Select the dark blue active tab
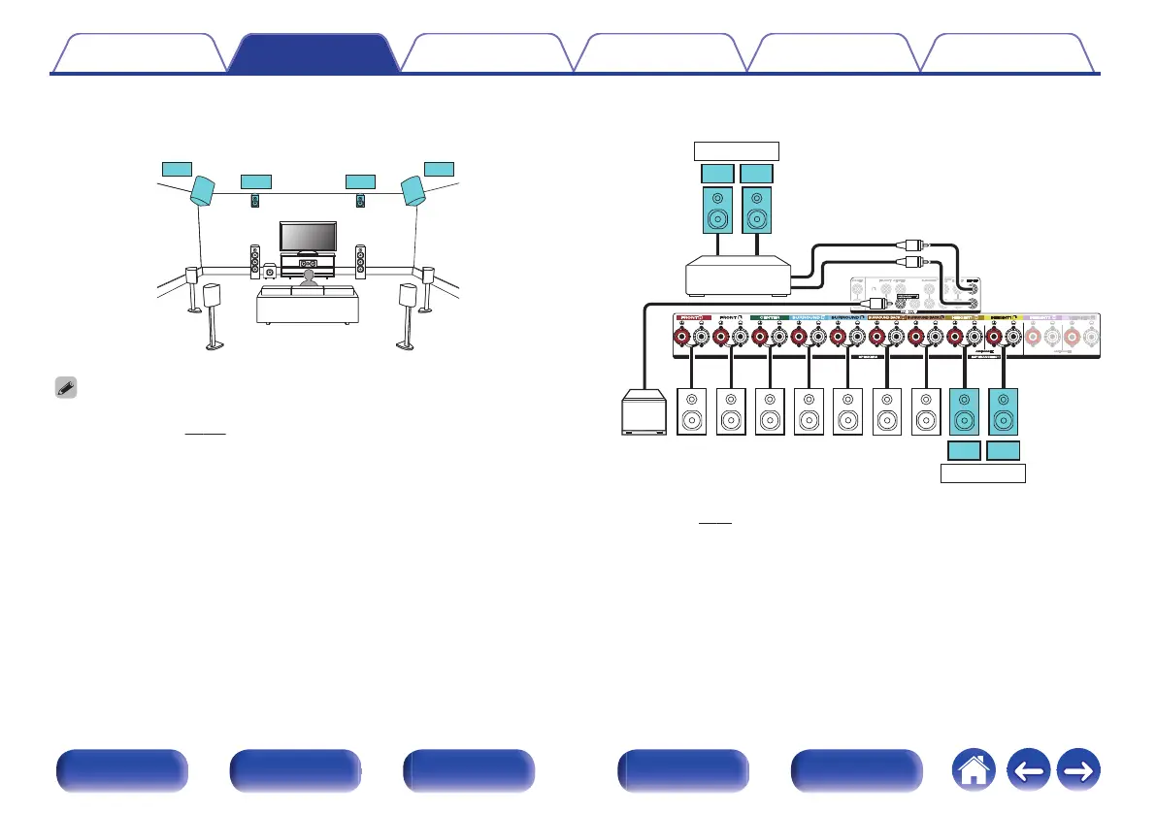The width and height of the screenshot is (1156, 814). point(314,54)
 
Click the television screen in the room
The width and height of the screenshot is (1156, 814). point(308,237)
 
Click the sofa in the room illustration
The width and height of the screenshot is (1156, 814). point(307,306)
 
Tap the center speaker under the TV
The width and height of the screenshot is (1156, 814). point(309,263)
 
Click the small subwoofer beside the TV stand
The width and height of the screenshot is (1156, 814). point(269,273)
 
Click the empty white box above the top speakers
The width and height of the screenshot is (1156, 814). point(737,149)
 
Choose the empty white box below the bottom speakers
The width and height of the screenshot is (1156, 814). point(983,474)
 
